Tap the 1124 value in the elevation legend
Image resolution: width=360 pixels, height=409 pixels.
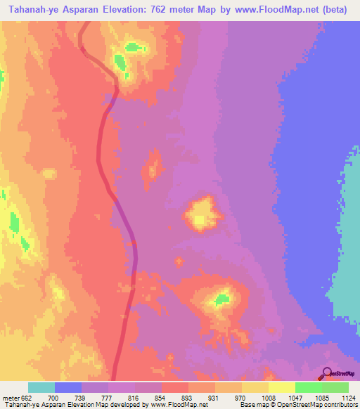click(349, 397)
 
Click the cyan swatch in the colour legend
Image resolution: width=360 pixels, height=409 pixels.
click(41, 387)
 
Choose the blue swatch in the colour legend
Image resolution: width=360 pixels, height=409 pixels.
click(68, 387)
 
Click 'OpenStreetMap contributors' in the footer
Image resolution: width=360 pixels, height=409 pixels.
click(324, 405)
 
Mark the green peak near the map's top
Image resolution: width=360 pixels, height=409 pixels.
click(131, 48)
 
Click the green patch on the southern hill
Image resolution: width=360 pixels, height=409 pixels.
click(223, 300)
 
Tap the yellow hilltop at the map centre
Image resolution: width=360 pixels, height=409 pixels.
click(200, 214)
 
